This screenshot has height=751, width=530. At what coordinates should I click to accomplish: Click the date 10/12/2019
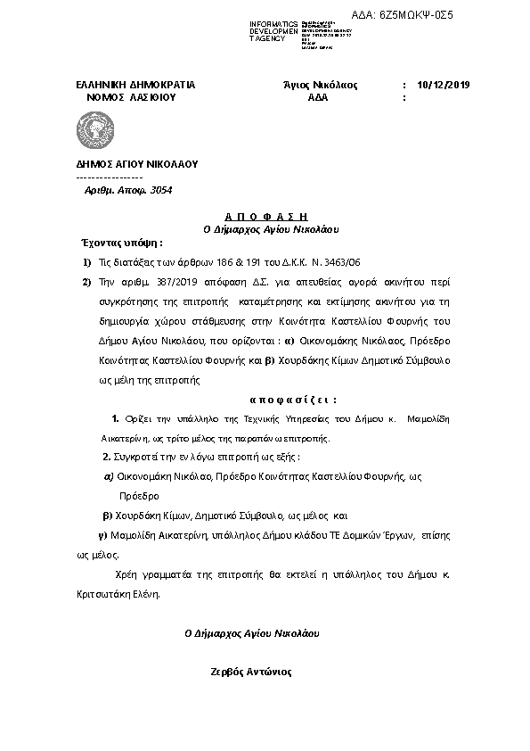tap(443, 86)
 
